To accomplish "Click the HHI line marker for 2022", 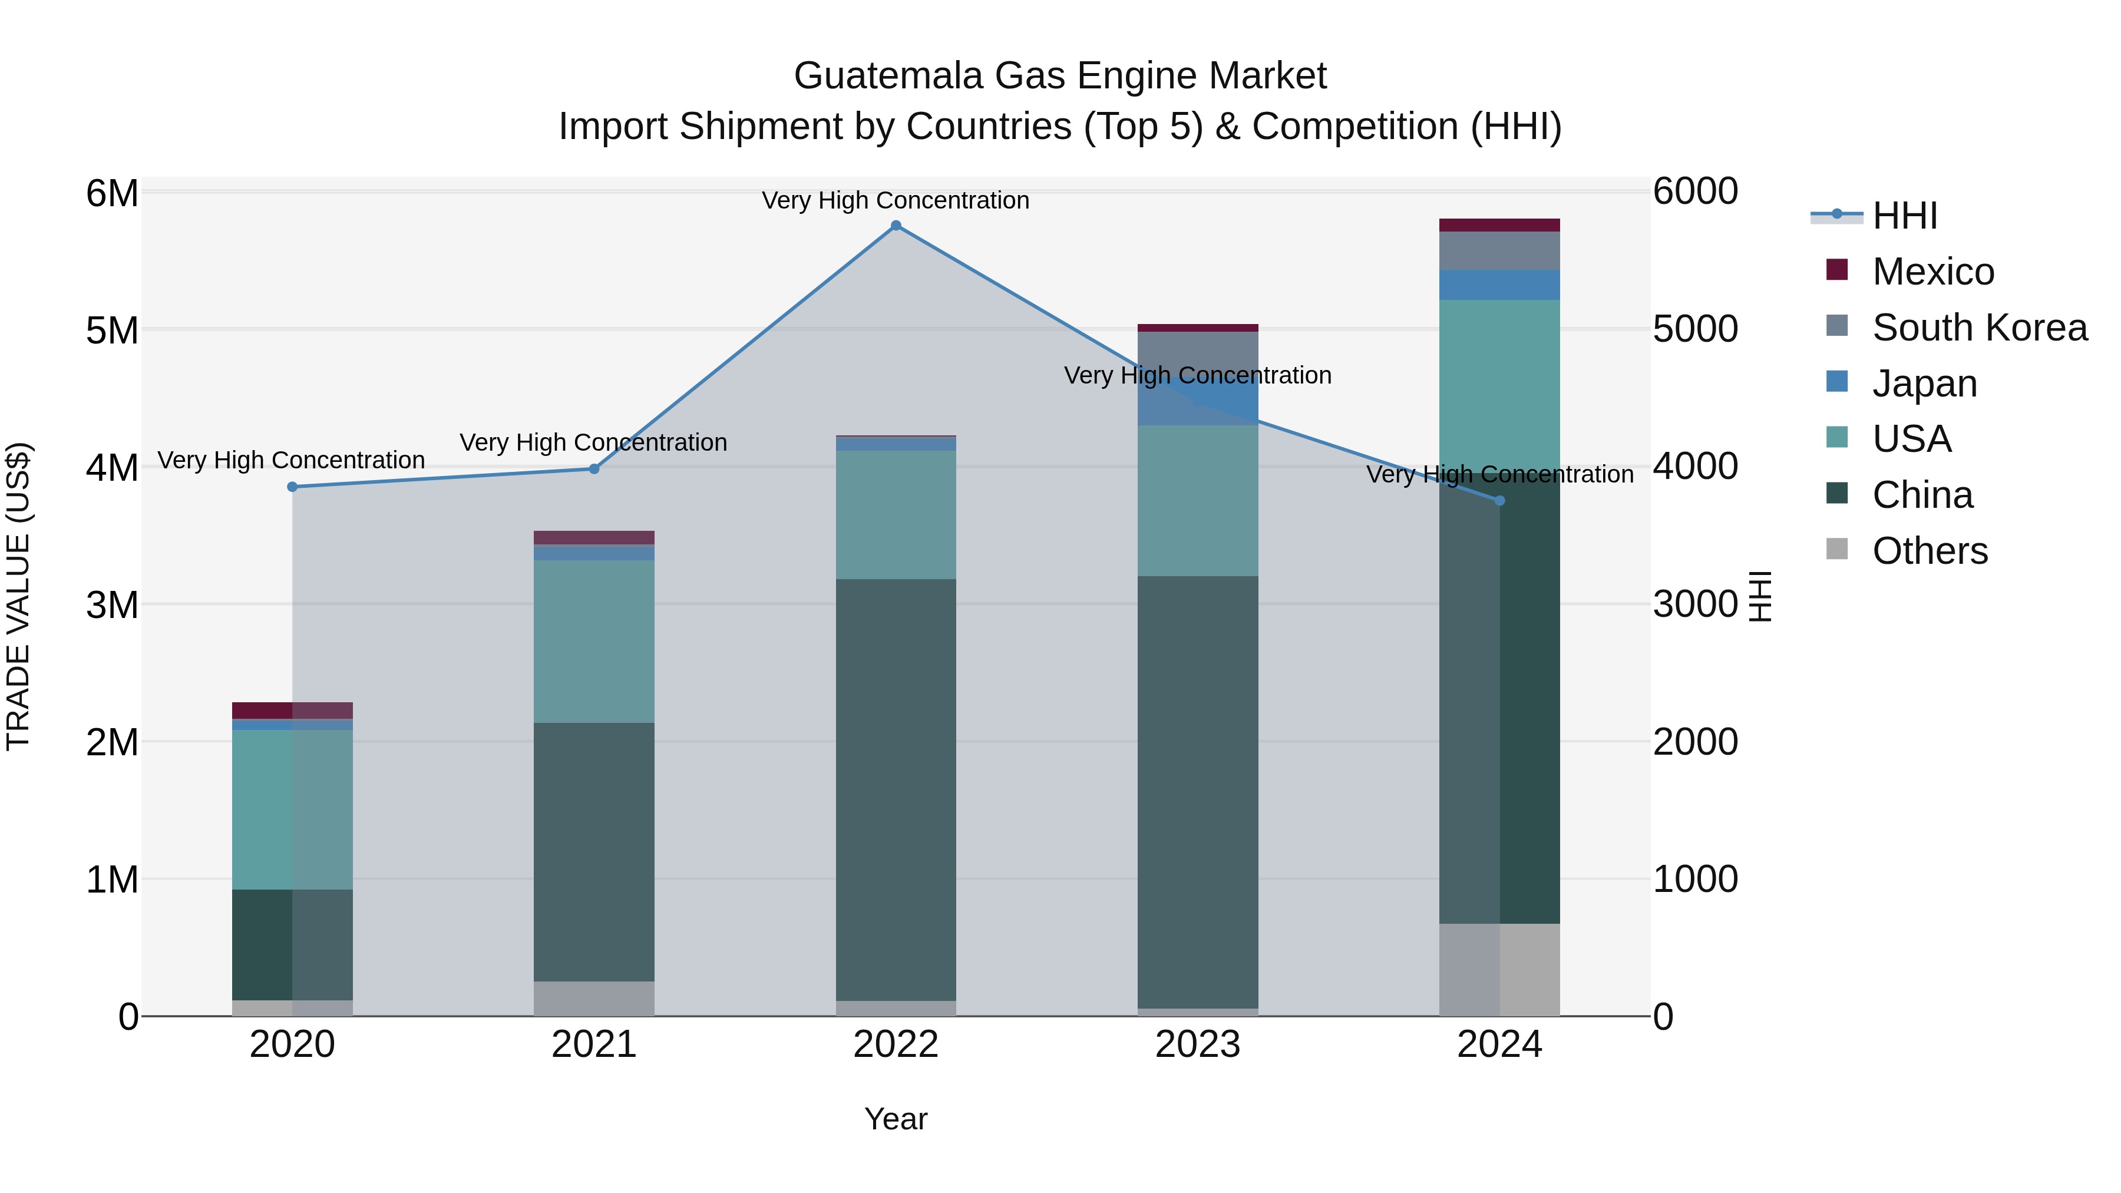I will click(896, 226).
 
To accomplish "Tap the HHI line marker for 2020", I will click(292, 487).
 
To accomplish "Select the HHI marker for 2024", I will click(1499, 501).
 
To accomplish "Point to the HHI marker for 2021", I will click(594, 468).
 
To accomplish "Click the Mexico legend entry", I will click(1932, 272).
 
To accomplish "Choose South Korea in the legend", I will click(1978, 328).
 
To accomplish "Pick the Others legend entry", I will click(1929, 551).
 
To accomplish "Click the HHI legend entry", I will click(1904, 216).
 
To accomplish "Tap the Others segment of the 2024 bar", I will click(1499, 969).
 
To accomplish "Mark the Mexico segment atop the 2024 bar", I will click(1499, 225).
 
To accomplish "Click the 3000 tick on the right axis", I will click(1694, 604).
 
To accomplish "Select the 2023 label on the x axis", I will click(1198, 1045).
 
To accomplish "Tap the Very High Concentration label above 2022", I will click(895, 200).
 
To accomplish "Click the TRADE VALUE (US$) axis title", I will click(18, 596).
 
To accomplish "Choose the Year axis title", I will click(896, 1119).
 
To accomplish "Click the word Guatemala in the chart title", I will click(888, 76).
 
